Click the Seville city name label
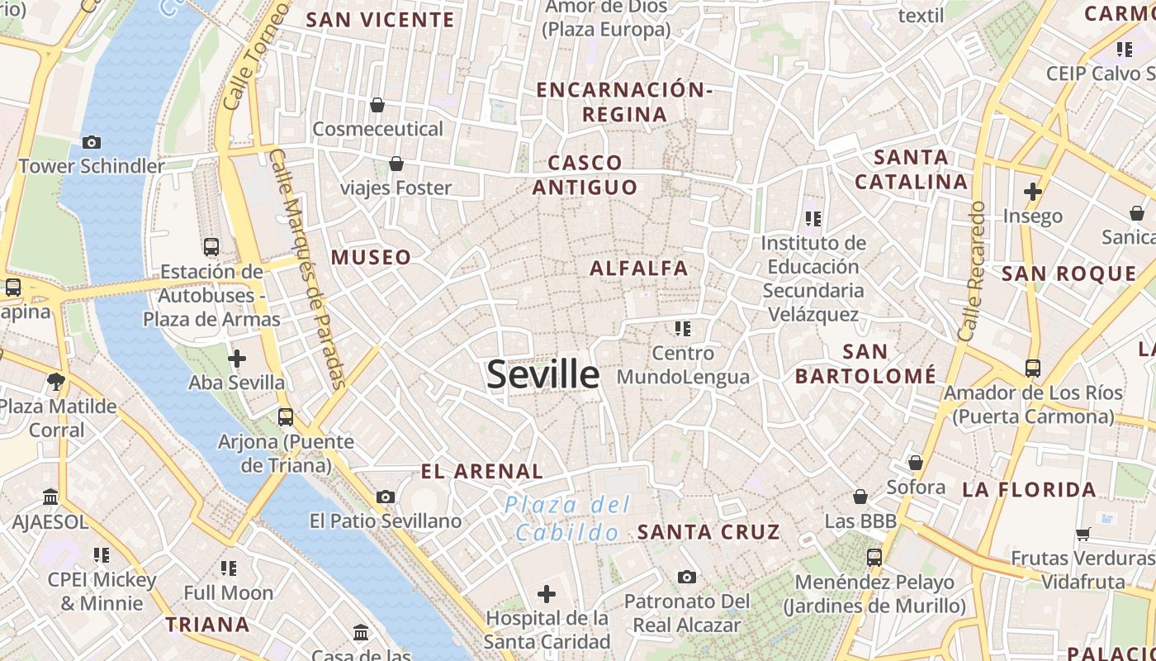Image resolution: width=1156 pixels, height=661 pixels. [542, 374]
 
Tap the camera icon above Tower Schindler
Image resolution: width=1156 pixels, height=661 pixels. [92, 142]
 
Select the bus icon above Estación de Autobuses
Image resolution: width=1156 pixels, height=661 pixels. [211, 246]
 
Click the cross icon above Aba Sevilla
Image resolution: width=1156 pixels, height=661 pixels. [237, 359]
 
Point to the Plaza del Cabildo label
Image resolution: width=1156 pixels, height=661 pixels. [567, 518]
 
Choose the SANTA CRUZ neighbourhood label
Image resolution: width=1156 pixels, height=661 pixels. [708, 532]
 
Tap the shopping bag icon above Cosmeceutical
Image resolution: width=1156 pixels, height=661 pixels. [377, 105]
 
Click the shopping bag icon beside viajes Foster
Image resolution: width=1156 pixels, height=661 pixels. [396, 164]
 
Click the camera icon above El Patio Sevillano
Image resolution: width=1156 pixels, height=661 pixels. [385, 497]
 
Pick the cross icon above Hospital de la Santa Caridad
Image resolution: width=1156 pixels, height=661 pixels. [547, 593]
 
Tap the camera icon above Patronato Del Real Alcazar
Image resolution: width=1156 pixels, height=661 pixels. [686, 577]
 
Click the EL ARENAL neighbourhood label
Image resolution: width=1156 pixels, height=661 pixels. [482, 472]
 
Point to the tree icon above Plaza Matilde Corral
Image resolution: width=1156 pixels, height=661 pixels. [56, 381]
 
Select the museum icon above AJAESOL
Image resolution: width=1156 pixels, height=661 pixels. [50, 497]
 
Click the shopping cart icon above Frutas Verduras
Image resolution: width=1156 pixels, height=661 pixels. [1083, 534]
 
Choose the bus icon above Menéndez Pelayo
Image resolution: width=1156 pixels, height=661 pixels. [874, 558]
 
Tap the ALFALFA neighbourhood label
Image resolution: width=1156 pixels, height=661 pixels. [638, 268]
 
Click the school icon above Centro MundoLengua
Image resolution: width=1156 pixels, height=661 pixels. [682, 329]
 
